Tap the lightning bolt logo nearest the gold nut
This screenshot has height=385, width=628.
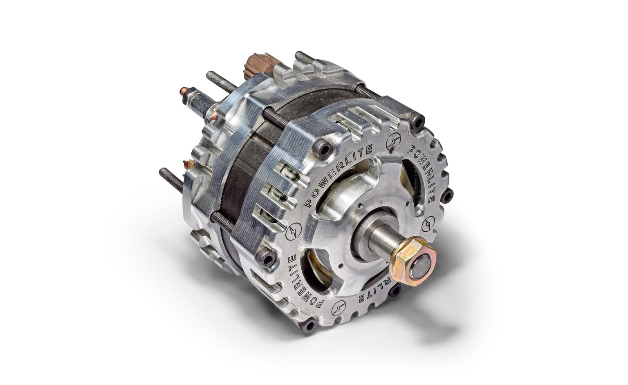click(x=428, y=225)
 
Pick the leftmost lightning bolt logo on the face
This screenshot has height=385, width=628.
click(x=294, y=232)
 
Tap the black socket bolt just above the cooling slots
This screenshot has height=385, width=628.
click(x=324, y=150)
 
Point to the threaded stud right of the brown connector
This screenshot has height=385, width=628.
click(x=305, y=58)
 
